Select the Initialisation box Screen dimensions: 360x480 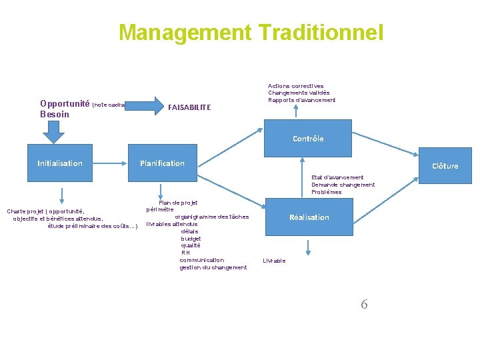click(60, 163)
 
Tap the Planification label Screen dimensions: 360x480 click(162, 163)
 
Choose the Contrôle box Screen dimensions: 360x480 click(308, 139)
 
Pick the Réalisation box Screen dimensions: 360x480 click(309, 217)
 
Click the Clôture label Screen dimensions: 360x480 click(445, 166)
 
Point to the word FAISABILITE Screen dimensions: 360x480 click(189, 107)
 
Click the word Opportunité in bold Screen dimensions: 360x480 click(65, 103)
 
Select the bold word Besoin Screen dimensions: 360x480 click(55, 114)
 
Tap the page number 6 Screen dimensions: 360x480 click(364, 305)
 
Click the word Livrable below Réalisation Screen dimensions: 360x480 click(274, 261)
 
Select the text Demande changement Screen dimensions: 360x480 click(343, 185)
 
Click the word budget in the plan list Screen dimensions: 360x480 click(191, 239)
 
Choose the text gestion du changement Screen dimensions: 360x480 click(213, 267)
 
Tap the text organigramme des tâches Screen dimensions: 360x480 click(211, 217)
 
